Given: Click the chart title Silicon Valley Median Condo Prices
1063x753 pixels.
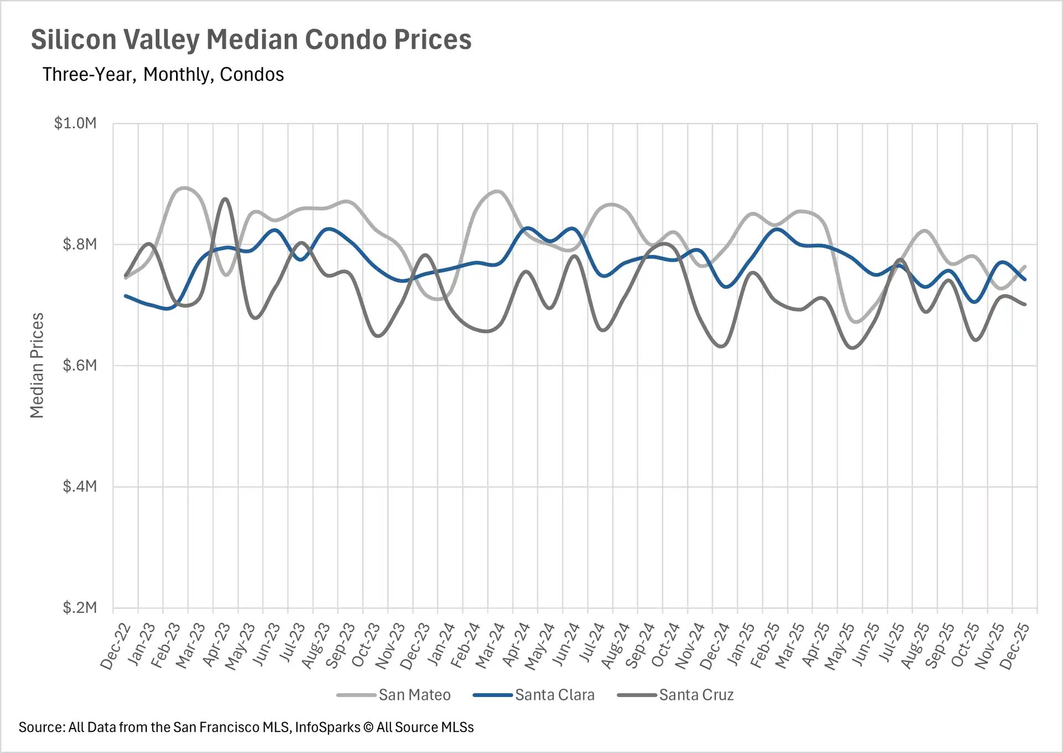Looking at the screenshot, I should pyautogui.click(x=251, y=40).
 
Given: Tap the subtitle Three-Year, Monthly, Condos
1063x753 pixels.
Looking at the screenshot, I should pyautogui.click(x=163, y=75).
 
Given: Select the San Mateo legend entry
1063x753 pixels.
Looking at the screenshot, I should pyautogui.click(x=414, y=695).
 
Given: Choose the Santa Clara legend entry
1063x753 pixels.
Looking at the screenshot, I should pyautogui.click(x=554, y=695).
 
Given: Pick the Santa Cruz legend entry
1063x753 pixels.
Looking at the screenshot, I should pyautogui.click(x=696, y=695).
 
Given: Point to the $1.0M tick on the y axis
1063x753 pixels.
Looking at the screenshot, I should pyautogui.click(x=75, y=123).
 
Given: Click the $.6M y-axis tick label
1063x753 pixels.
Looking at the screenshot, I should pyautogui.click(x=80, y=365).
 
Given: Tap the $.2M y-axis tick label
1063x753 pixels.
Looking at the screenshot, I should pyautogui.click(x=80, y=608).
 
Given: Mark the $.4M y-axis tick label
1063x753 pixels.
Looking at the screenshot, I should pyautogui.click(x=80, y=487).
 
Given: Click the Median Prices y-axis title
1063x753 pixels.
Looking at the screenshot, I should pyautogui.click(x=37, y=365).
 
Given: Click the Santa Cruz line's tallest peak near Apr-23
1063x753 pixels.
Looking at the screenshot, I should pyautogui.click(x=225, y=199).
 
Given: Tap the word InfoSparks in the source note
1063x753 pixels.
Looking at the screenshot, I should pyautogui.click(x=327, y=728).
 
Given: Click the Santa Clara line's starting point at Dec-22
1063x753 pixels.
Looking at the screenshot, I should pyautogui.click(x=126, y=296).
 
